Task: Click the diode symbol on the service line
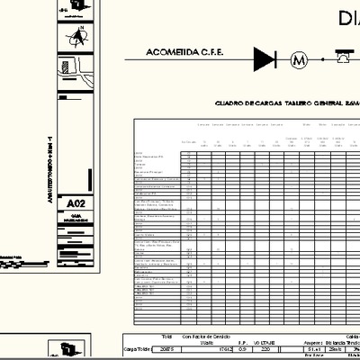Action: point(265,60)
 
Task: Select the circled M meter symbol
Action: point(299,60)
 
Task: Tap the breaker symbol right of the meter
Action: point(345,58)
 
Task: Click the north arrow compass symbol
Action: point(78,36)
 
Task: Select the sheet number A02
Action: point(76,205)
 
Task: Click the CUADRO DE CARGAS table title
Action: point(279,103)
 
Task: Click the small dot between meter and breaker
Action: point(320,60)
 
